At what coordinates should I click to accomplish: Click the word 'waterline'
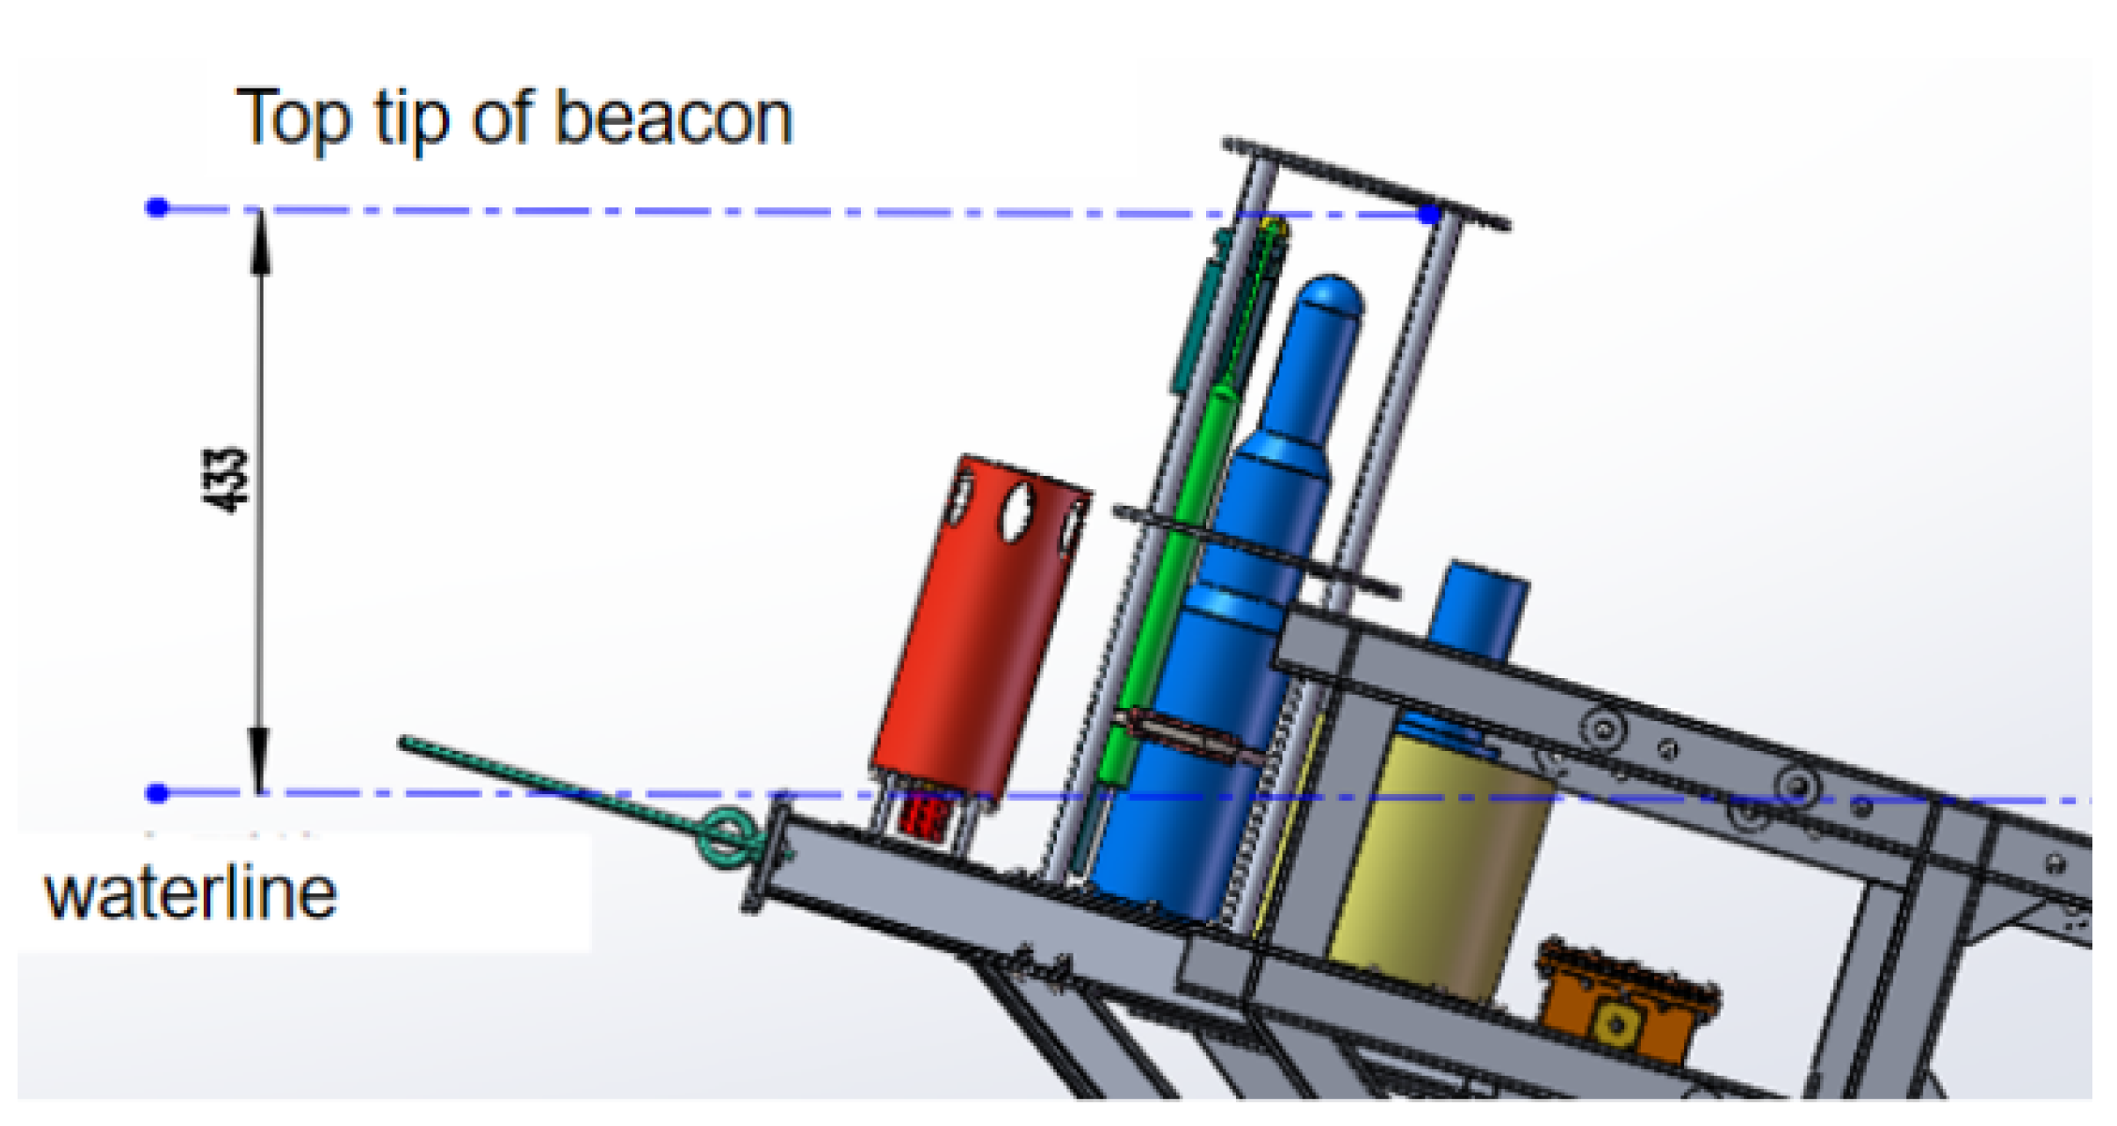pyautogui.click(x=191, y=893)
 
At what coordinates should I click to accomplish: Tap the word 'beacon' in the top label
pyautogui.click(x=674, y=118)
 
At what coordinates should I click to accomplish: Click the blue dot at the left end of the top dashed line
pyautogui.click(x=157, y=207)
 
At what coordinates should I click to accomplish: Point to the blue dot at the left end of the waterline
pyautogui.click(x=157, y=793)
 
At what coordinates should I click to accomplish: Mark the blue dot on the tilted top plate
pyautogui.click(x=1430, y=213)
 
